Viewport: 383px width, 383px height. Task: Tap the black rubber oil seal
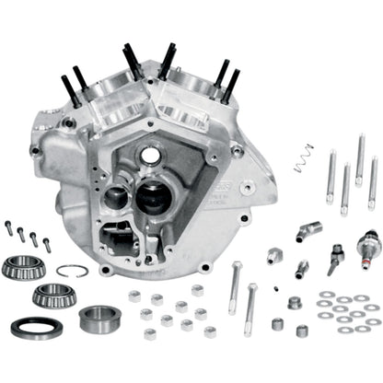pos(37,326)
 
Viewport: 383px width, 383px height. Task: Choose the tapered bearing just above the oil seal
pos(54,295)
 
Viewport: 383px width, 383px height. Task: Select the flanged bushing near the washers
pos(296,303)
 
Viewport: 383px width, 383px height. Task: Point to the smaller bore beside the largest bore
pos(117,197)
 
